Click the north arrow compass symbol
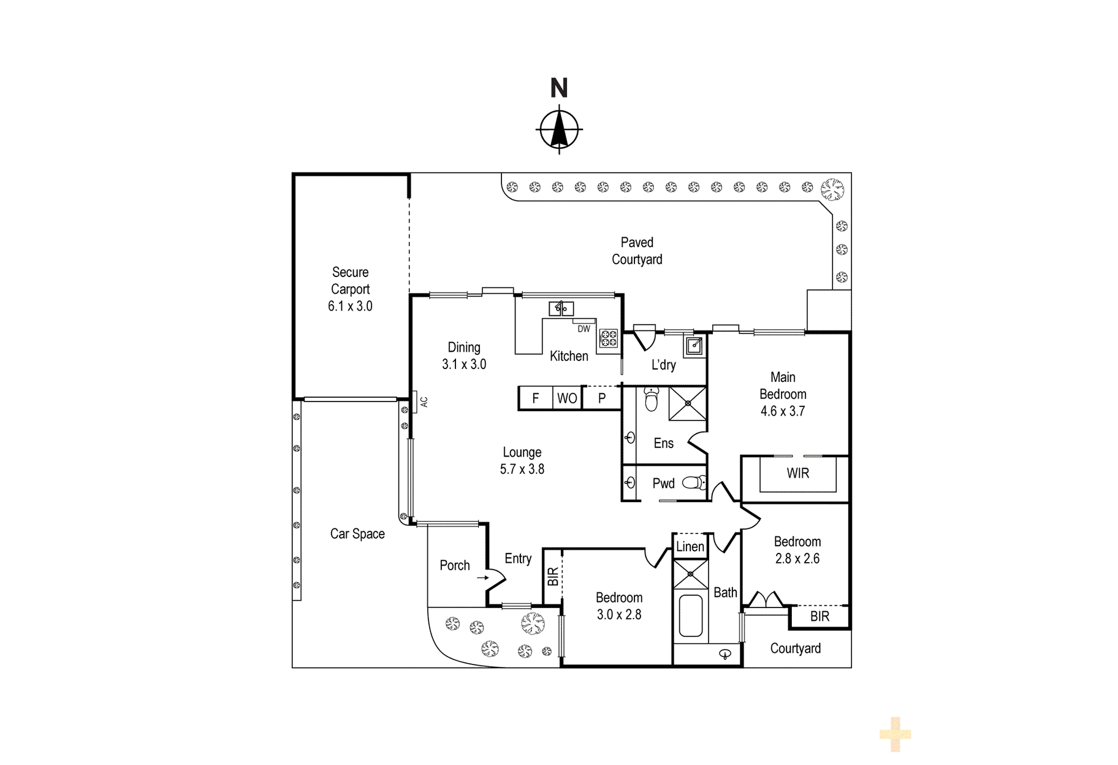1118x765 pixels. (x=559, y=129)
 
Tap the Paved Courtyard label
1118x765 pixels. (x=637, y=251)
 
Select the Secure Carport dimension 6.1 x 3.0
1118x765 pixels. (x=350, y=306)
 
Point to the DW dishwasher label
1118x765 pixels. (x=584, y=329)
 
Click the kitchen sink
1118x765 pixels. (x=561, y=308)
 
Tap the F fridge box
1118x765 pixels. (x=536, y=398)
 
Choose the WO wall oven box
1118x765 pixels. (x=567, y=398)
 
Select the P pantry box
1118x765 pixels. (x=602, y=398)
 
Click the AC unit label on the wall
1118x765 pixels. (x=424, y=402)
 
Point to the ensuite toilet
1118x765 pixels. (x=652, y=399)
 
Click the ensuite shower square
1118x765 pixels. (x=688, y=403)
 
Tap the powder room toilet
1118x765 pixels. (x=694, y=483)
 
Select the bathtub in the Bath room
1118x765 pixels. (x=691, y=615)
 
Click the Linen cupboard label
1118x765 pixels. (x=690, y=547)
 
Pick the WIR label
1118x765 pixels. (x=798, y=473)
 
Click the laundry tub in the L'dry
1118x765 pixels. (x=694, y=346)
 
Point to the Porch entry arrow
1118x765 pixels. (x=483, y=577)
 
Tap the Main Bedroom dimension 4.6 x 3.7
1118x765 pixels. (x=783, y=411)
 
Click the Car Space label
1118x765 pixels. (x=357, y=534)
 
